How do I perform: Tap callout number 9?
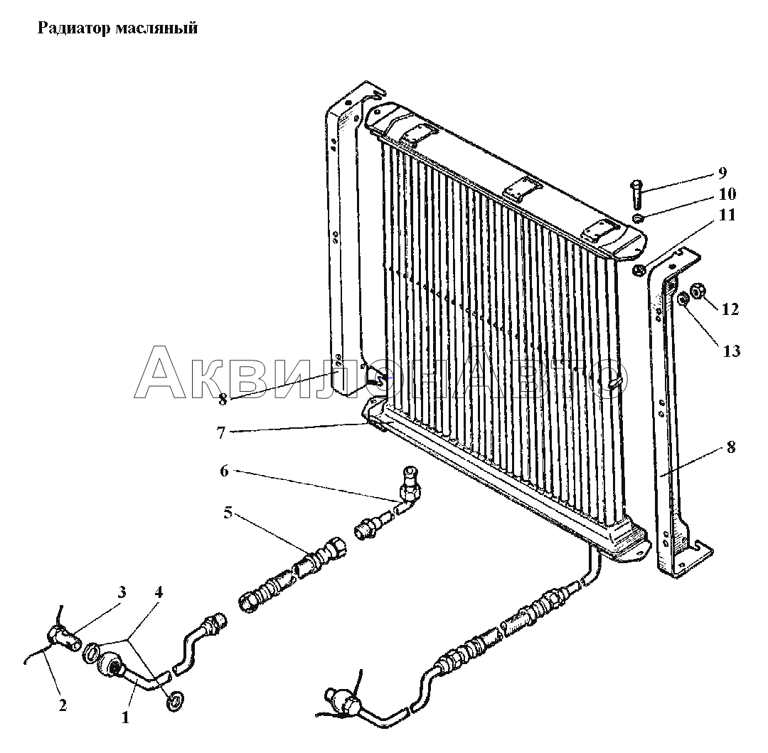coord(722,173)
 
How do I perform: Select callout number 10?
coord(727,194)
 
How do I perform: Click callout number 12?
coord(730,309)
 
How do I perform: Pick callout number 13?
coord(732,351)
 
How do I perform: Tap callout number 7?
coord(221,433)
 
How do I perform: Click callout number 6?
coord(224,471)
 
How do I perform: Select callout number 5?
coord(228,513)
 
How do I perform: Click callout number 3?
coord(122,592)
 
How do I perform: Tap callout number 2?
coord(62,705)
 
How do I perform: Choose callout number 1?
coord(125,717)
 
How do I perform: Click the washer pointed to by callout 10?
coord(638,218)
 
